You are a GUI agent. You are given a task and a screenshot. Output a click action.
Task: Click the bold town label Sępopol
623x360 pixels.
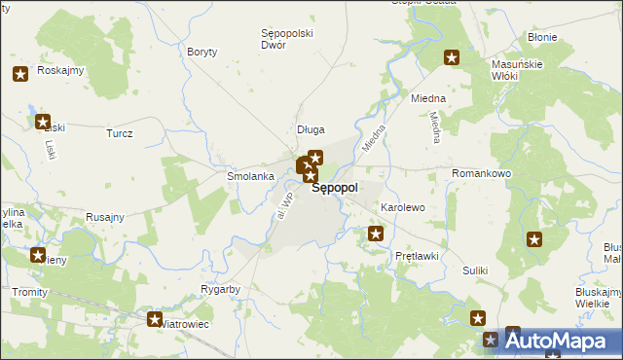coord(335,188)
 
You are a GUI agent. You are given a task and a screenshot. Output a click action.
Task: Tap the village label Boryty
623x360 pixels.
coord(202,52)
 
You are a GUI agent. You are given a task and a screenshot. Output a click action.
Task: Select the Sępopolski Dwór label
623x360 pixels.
coord(287,39)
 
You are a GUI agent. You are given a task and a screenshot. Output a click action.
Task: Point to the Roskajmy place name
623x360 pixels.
coord(60,71)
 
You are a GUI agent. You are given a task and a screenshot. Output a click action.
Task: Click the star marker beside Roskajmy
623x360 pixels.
coord(20,74)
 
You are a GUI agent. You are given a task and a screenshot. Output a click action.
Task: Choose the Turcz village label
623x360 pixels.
coord(120,133)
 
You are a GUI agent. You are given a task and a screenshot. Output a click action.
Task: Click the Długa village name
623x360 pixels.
coord(311,129)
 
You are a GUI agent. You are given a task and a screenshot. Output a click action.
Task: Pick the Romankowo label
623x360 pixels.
coord(481,173)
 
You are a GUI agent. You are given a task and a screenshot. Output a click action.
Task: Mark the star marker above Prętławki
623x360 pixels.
coord(376,234)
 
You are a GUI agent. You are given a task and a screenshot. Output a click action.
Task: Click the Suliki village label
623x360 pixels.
coord(475,270)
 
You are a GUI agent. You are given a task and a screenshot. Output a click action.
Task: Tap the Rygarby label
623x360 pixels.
coord(220,290)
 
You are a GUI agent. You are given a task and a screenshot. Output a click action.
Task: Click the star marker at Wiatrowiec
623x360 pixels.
coord(154,318)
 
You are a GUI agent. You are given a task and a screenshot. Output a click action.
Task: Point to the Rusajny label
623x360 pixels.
coord(105,217)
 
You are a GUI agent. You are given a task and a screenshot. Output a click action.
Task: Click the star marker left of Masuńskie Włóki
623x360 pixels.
coord(452,57)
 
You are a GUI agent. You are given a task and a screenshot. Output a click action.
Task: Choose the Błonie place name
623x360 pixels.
coord(541,37)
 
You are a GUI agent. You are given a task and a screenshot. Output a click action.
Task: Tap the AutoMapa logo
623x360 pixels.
coord(562,341)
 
